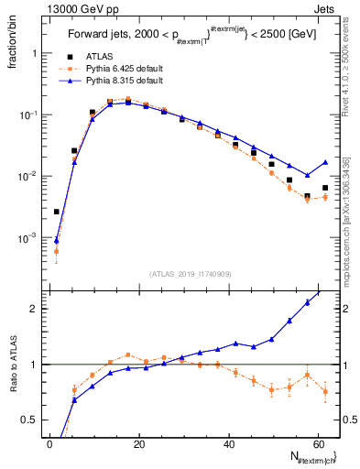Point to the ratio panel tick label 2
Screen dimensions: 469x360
point(34,309)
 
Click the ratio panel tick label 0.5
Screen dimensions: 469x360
point(29,420)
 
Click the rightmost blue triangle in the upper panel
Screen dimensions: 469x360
point(325,162)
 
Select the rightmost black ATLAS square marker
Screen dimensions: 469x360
point(325,188)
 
